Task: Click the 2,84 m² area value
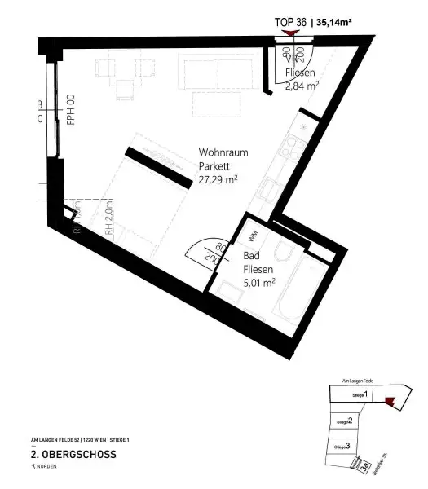pyautogui.click(x=302, y=82)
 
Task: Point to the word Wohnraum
pyautogui.click(x=223, y=152)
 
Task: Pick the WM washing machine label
pyautogui.click(x=252, y=234)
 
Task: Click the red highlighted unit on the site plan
pyautogui.click(x=390, y=399)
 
